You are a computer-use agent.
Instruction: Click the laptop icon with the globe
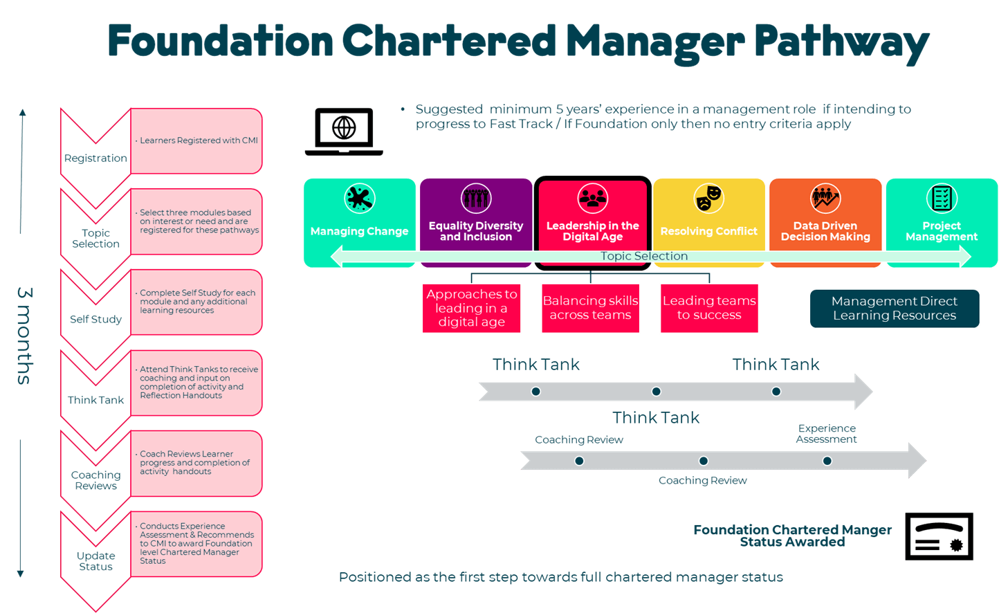pyautogui.click(x=344, y=131)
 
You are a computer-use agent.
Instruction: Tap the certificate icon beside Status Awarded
pyautogui.click(x=939, y=536)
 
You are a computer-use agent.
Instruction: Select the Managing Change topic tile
pyautogui.click(x=360, y=223)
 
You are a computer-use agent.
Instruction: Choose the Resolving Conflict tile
pyautogui.click(x=709, y=223)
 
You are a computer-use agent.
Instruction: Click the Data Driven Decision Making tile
pyautogui.click(x=825, y=223)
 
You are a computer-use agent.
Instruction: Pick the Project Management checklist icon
pyautogui.click(x=942, y=198)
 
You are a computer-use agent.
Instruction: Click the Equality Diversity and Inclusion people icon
pyautogui.click(x=476, y=198)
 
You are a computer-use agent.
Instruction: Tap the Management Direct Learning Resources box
pyautogui.click(x=895, y=309)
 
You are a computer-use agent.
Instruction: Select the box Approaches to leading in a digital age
pyautogui.click(x=471, y=309)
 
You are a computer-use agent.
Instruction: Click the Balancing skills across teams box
pyautogui.click(x=591, y=309)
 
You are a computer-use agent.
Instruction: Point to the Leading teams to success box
pyautogui.click(x=709, y=309)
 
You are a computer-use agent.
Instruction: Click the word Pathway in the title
pyautogui.click(x=842, y=42)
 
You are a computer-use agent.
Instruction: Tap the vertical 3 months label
pyautogui.click(x=25, y=336)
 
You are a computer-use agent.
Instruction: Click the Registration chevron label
pyautogui.click(x=95, y=158)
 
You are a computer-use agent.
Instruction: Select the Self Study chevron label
pyautogui.click(x=95, y=319)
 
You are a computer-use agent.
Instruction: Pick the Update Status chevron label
pyautogui.click(x=95, y=561)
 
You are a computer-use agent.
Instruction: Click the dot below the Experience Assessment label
pyautogui.click(x=827, y=461)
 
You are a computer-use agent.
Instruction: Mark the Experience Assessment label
pyautogui.click(x=827, y=434)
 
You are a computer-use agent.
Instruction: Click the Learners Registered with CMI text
pyautogui.click(x=199, y=140)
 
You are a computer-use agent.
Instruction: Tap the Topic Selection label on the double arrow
pyautogui.click(x=644, y=255)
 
